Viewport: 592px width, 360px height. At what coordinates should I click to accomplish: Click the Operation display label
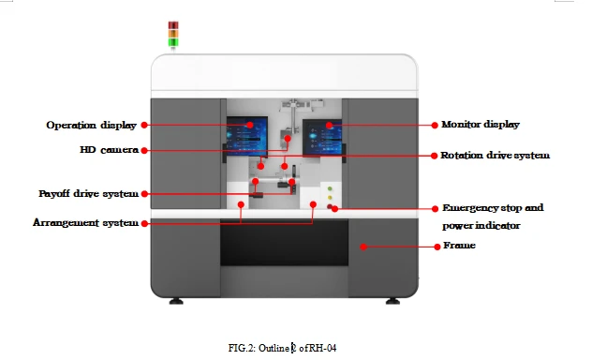tap(91, 125)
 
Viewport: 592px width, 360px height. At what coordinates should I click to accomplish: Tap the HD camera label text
tap(109, 150)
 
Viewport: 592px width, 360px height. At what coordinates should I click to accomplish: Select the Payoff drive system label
tap(88, 193)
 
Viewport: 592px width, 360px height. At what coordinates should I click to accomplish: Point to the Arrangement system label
tap(85, 222)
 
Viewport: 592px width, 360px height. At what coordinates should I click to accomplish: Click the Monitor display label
tap(481, 125)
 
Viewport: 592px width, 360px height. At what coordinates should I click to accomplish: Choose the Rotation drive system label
tap(495, 156)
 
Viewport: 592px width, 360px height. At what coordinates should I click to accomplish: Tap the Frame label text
tap(459, 246)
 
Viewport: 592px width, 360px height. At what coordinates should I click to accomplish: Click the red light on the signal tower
tap(173, 25)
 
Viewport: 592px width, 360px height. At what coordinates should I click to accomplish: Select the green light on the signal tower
tap(173, 42)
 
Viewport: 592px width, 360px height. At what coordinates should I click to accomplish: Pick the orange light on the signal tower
tap(173, 34)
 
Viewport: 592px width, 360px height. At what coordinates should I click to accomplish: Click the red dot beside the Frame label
tap(437, 247)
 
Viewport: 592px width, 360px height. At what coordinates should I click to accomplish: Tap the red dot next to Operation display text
tap(144, 125)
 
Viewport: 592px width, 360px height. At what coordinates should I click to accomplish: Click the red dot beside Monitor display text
tap(435, 125)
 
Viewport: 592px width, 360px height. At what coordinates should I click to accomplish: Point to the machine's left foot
tap(176, 301)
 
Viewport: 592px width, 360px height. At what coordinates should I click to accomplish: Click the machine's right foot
tap(392, 301)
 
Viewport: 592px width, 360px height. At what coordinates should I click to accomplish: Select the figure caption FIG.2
tap(282, 348)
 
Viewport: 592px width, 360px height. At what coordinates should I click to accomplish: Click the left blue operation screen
tap(247, 136)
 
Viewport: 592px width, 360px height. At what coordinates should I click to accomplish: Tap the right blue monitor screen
tap(322, 138)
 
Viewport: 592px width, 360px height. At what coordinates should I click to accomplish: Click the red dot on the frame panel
tap(363, 247)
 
